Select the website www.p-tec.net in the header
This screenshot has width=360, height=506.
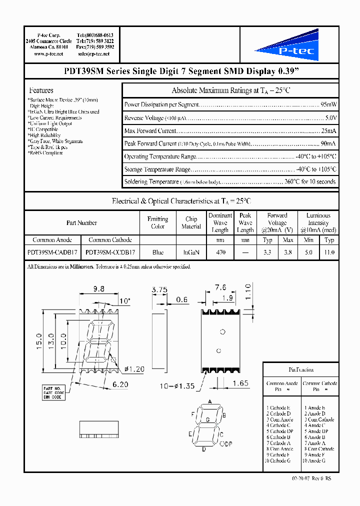pos(48,53)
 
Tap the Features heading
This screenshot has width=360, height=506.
pos(41,90)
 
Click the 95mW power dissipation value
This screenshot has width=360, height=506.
pos(328,105)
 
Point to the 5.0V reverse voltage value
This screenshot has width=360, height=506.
pos(330,118)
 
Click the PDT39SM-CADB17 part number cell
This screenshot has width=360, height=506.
pos(52,252)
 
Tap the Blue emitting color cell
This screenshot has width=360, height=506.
pos(157,252)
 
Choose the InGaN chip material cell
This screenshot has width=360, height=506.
pos(191,252)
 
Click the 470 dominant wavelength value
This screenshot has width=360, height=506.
pos(220,252)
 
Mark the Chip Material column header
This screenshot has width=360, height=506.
pos(191,222)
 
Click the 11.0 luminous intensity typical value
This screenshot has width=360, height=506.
pos(329,252)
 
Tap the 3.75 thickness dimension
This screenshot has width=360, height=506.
pos(158,289)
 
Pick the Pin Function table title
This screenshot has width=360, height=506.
pos(301,369)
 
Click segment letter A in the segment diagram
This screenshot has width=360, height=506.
pos(210,402)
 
